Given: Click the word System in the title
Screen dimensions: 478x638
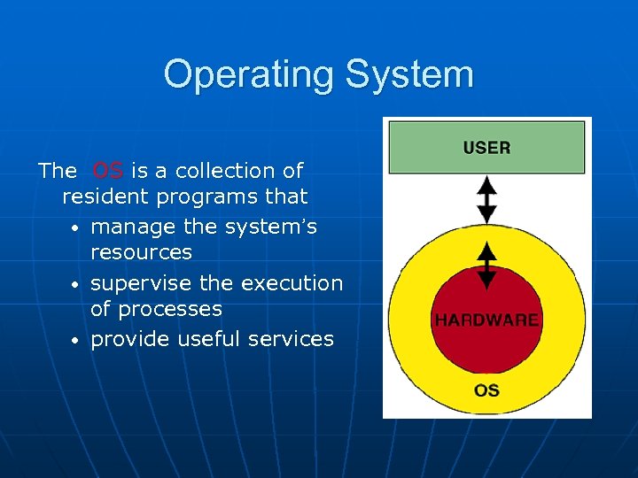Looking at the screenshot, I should pyautogui.click(x=408, y=74).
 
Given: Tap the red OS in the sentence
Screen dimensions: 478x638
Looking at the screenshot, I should pyautogui.click(x=107, y=170).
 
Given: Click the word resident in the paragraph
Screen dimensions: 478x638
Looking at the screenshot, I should pyautogui.click(x=104, y=196).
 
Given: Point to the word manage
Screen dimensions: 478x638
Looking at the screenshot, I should pyautogui.click(x=133, y=227).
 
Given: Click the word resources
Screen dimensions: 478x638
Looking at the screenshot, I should pyautogui.click(x=141, y=252).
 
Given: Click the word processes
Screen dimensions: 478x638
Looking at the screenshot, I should pyautogui.click(x=170, y=309).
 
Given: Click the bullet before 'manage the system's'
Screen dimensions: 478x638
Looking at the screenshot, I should pyautogui.click(x=76, y=228).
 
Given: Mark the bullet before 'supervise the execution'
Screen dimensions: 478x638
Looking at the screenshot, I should pyautogui.click(x=76, y=285).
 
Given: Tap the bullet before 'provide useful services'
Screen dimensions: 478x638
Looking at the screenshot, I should pyautogui.click(x=76, y=340).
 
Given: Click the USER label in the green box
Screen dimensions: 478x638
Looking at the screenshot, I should pyautogui.click(x=486, y=148).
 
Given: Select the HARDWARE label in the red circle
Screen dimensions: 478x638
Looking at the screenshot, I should pyautogui.click(x=486, y=320).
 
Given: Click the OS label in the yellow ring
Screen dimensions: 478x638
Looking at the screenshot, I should pyautogui.click(x=486, y=390).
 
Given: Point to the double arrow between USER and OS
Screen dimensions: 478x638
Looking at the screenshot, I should pyautogui.click(x=486, y=200).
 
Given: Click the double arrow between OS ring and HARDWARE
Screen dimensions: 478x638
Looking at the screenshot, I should pyautogui.click(x=486, y=266).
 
